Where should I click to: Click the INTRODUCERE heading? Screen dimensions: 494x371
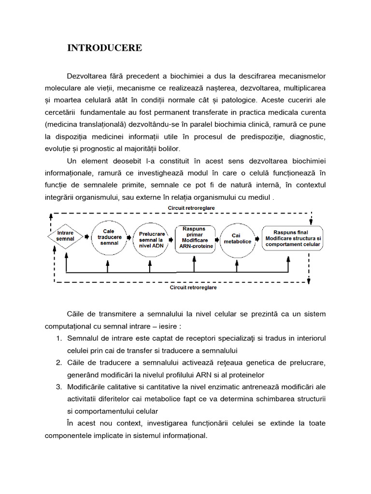pos(104,48)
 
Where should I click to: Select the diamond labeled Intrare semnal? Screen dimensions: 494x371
pos(65,236)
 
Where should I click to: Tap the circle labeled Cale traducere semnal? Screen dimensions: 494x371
pos(109,237)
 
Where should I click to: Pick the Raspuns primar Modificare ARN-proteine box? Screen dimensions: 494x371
pos(195,237)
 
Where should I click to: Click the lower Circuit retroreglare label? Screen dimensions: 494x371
pos(193,288)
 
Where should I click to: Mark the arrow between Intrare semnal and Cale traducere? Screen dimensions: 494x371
pos(86,236)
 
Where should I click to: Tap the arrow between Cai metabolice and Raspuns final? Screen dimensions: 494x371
pos(258,237)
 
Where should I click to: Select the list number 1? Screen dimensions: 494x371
pos(58,338)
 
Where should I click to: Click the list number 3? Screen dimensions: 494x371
pos(58,387)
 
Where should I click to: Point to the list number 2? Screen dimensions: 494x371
pos(58,362)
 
